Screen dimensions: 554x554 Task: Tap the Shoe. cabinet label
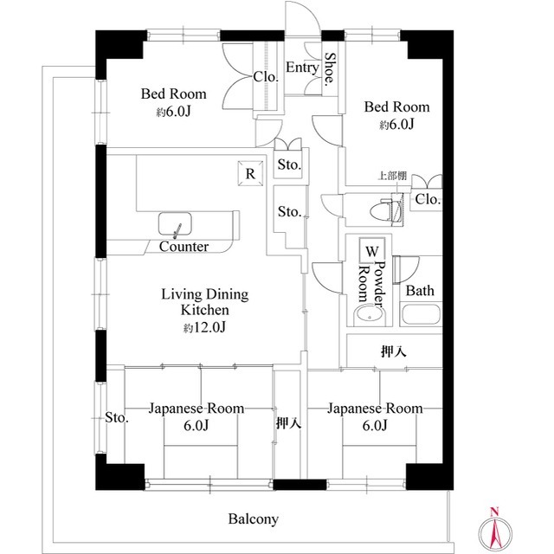330,71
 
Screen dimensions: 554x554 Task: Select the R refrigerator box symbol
250,173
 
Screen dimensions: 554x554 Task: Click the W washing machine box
372,251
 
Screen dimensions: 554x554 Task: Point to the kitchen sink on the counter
177,225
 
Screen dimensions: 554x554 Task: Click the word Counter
184,247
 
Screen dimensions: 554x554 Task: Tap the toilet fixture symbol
386,208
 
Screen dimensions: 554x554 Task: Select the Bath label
420,291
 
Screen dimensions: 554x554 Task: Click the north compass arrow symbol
494,527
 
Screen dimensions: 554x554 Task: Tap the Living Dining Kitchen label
205,302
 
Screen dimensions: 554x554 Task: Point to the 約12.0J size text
204,327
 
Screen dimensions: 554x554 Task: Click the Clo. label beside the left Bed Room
266,76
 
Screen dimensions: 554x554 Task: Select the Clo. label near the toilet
428,200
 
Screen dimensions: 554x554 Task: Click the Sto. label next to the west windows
117,419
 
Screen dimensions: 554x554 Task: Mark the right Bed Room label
397,107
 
